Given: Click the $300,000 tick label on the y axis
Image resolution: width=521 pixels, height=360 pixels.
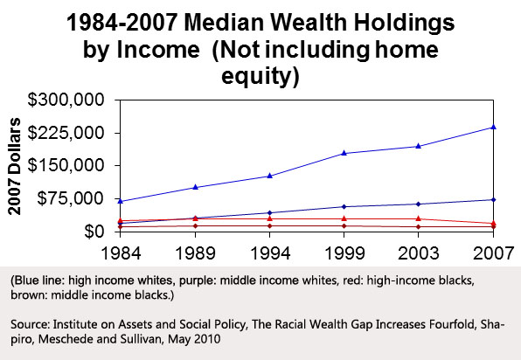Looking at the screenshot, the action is point(66,100).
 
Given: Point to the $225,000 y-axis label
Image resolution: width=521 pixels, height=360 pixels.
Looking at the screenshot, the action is point(66,133).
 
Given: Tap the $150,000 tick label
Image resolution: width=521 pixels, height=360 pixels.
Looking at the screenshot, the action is point(66,165).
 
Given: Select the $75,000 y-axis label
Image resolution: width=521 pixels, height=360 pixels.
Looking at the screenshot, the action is point(71,198).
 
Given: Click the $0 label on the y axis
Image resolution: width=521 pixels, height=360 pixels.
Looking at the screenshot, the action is point(94,232).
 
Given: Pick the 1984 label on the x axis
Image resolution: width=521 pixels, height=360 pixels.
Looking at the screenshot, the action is point(121,253).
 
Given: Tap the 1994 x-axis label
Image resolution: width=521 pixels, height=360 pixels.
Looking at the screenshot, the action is point(270,253).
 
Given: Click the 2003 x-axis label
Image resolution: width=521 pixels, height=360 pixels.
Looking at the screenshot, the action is point(419,253).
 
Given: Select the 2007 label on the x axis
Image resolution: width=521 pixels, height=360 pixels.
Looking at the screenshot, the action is point(493,253).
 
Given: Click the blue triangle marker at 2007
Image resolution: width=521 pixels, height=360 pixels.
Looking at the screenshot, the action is point(493,127).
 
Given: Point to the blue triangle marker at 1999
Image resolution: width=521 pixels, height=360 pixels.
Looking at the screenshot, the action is point(344,153).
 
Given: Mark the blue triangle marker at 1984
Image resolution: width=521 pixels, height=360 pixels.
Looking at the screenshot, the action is point(121,201).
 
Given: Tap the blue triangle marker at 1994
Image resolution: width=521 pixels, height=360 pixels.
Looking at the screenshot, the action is point(270,176).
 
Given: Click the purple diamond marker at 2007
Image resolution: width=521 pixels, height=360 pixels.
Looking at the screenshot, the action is point(493,199).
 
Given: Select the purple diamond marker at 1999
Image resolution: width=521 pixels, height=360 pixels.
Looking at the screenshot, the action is point(344,206).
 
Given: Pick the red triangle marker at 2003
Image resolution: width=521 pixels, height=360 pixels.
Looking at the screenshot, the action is point(419,218).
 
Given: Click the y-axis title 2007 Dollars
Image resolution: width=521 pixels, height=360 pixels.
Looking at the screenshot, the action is point(14,166).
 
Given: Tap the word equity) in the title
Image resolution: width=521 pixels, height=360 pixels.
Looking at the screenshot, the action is point(260,76).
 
